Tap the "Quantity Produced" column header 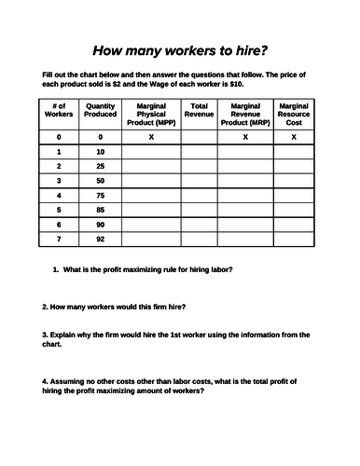[101, 110]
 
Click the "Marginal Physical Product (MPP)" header [151, 114]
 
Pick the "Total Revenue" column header [199, 110]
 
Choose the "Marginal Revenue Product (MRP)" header [245, 114]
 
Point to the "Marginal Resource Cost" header [294, 114]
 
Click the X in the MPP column [151, 136]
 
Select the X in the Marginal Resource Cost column [294, 136]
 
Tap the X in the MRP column [245, 136]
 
